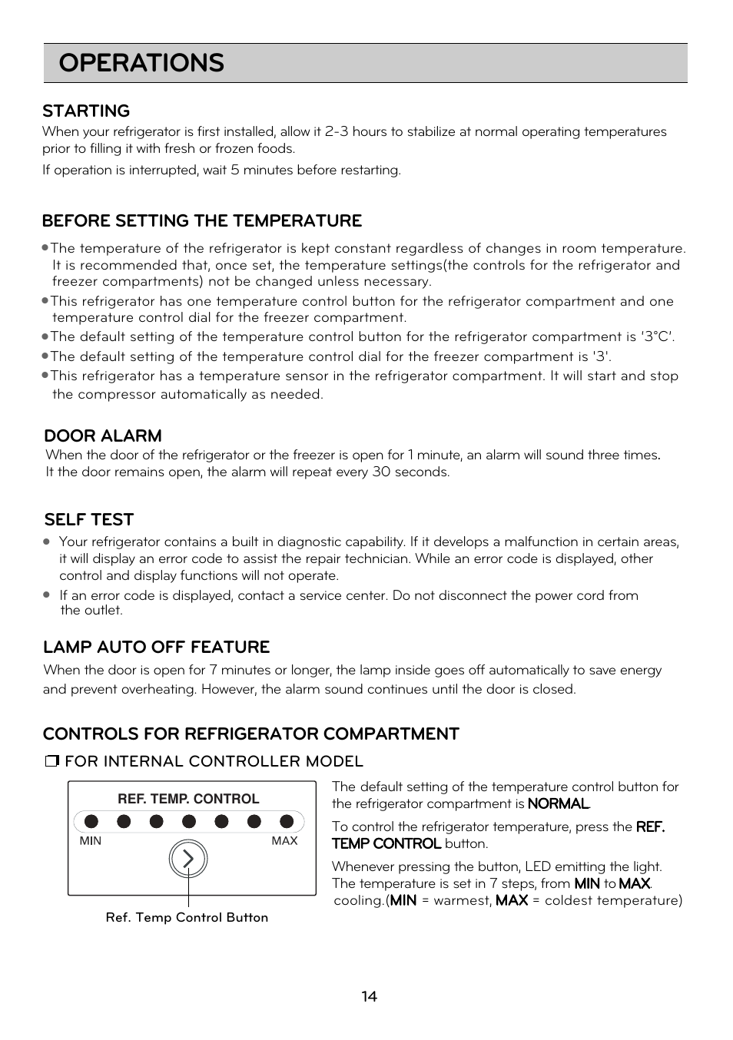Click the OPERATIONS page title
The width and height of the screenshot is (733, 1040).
point(141,63)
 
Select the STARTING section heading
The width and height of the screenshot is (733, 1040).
point(86,111)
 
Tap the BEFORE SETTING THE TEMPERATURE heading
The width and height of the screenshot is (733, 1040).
point(202,221)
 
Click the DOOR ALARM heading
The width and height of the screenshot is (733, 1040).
point(103,436)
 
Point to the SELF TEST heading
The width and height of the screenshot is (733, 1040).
point(89,520)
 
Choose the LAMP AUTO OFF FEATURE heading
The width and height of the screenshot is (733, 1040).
point(157,648)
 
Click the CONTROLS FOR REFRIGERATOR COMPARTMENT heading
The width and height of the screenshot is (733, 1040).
point(251,734)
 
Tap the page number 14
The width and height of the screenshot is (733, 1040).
point(370,997)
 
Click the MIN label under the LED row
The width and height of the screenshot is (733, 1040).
point(91,841)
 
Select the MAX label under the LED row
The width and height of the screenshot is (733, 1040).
point(284,841)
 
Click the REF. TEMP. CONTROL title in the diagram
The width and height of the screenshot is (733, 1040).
point(188,799)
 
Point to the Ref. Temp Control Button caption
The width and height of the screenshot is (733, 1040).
point(187,918)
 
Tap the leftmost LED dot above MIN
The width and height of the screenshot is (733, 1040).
point(91,821)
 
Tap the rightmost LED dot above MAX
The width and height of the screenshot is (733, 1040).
point(287,821)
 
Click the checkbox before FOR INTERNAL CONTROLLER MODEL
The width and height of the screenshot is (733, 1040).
point(52,762)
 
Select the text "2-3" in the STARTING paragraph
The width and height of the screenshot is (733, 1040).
point(337,132)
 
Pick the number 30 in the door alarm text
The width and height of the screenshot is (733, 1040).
point(381,472)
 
